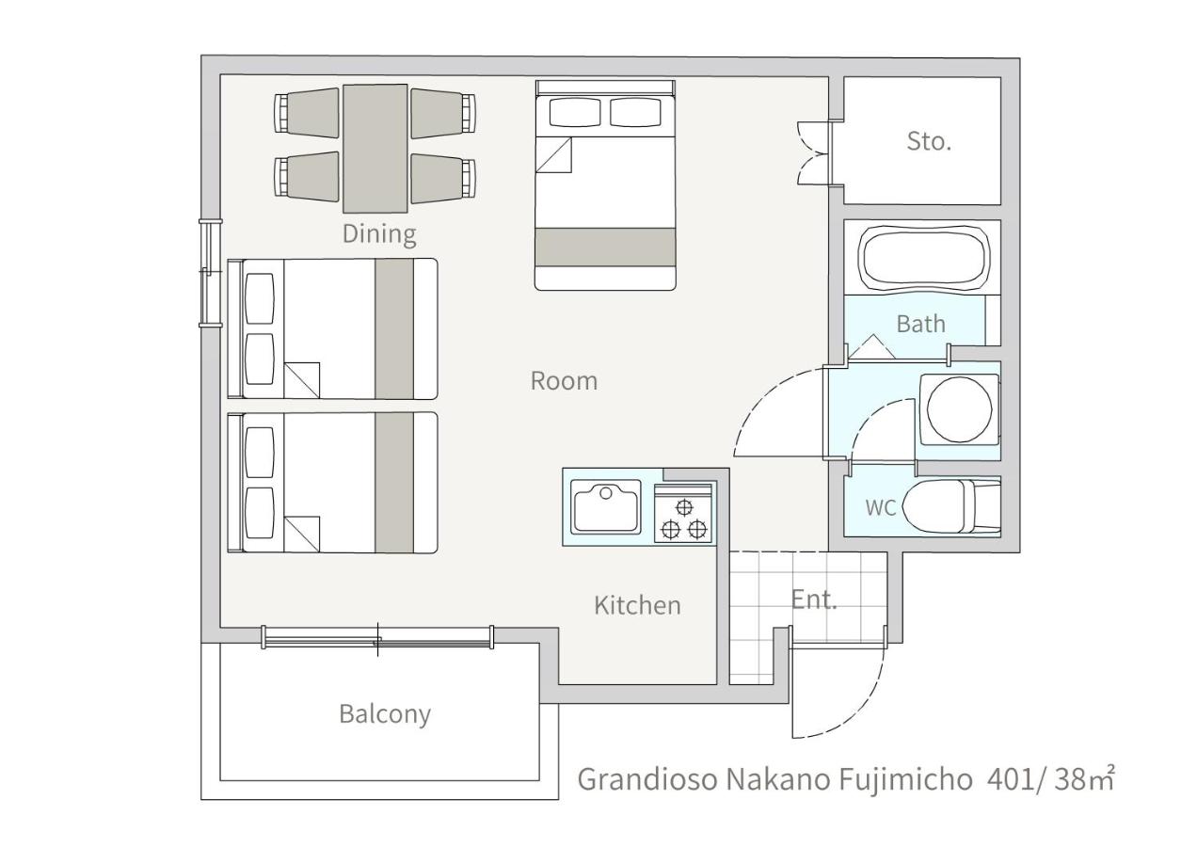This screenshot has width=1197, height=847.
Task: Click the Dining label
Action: pyautogui.click(x=379, y=234)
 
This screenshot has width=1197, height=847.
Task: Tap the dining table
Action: pyautogui.click(x=375, y=149)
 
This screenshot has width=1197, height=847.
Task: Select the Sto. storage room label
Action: pyautogui.click(x=929, y=141)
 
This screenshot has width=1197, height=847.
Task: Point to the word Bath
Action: pyautogui.click(x=920, y=324)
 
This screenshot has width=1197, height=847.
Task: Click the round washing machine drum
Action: pyautogui.click(x=960, y=409)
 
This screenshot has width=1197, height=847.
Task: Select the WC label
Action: pyautogui.click(x=880, y=507)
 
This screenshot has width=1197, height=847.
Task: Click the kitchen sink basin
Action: pyautogui.click(x=605, y=506)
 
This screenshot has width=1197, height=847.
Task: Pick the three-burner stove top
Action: pyautogui.click(x=684, y=515)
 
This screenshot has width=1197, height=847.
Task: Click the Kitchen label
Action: pyautogui.click(x=637, y=605)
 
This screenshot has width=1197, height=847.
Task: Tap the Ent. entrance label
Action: pyautogui.click(x=814, y=599)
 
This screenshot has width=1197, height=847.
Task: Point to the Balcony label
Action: pyautogui.click(x=385, y=714)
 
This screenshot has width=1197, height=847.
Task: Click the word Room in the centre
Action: pyautogui.click(x=564, y=381)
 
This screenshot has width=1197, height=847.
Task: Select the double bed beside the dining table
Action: pyautogui.click(x=605, y=185)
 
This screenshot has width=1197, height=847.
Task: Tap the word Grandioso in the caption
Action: pyautogui.click(x=647, y=779)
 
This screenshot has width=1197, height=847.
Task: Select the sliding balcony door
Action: pyautogui.click(x=377, y=638)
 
